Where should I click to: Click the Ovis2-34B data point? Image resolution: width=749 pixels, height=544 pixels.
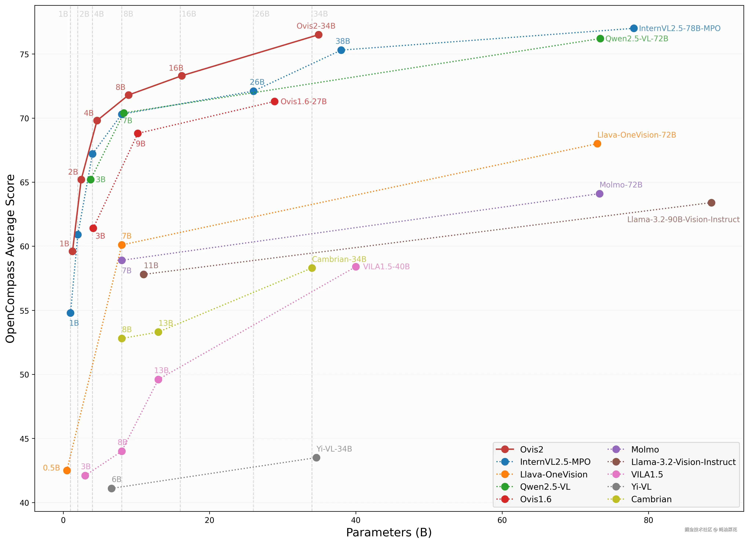click(x=318, y=35)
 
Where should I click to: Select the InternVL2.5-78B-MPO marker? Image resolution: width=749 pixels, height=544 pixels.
click(x=633, y=28)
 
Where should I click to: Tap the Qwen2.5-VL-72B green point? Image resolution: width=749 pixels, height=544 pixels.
click(x=600, y=39)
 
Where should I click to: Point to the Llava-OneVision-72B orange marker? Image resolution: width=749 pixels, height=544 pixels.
click(x=597, y=144)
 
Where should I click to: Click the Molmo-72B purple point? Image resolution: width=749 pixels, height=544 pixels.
click(x=599, y=194)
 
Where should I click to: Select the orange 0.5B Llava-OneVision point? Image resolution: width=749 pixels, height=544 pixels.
click(x=67, y=470)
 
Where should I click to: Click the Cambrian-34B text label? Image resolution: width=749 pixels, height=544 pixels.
click(x=339, y=259)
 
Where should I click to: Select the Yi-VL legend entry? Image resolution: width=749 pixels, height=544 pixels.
click(x=641, y=487)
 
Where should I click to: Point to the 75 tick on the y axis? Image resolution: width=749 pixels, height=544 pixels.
click(x=24, y=54)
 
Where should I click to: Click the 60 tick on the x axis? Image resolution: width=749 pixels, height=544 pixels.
click(x=502, y=520)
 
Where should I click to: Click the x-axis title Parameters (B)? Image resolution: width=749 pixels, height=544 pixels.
click(x=389, y=532)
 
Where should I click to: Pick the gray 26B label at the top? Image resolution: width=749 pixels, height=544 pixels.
click(x=262, y=14)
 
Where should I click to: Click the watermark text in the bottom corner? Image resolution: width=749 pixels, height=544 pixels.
click(x=710, y=530)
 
